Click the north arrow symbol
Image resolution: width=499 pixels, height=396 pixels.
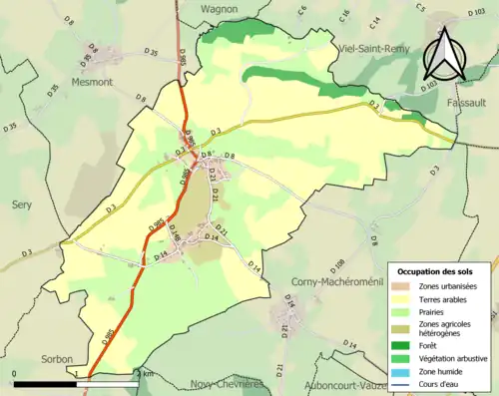tap(445, 55)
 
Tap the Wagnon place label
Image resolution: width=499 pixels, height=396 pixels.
tap(219, 8)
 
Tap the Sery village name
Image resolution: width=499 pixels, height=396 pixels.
tap(23, 202)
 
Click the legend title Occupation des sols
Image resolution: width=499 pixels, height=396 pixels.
tap(437, 271)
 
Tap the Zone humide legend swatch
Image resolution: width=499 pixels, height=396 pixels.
tap(408, 371)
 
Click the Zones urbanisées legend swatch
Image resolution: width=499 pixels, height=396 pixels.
tap(408, 287)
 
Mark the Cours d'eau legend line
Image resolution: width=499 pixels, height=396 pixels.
tap(408, 383)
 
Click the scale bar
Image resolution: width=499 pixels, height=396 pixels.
tap(76, 383)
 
